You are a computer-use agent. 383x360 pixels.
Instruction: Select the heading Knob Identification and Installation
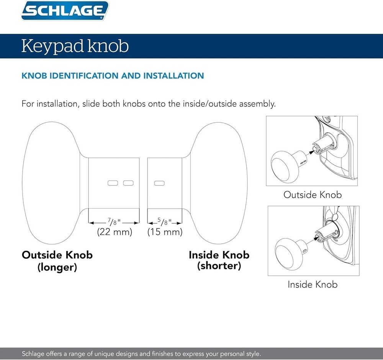point(113,76)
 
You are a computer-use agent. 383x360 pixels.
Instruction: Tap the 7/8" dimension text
point(114,222)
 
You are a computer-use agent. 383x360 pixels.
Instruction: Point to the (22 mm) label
point(114,232)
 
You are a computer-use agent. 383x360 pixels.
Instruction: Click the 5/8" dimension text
point(165,222)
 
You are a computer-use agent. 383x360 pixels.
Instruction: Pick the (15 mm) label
point(165,232)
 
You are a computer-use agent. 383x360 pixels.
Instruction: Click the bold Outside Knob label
point(57,255)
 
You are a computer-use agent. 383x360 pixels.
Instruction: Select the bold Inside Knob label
point(219,255)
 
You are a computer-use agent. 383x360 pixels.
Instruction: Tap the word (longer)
point(57,267)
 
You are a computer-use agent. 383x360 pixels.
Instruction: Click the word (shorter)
point(219,266)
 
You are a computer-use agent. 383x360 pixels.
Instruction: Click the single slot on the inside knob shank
point(159,183)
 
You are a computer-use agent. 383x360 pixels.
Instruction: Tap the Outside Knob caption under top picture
point(312,195)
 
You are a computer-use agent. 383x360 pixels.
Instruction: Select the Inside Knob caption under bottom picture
point(313,284)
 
